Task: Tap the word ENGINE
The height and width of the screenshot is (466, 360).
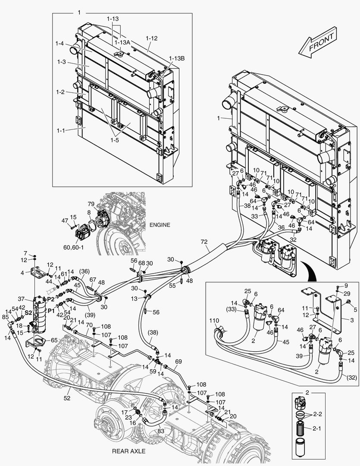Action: point(160,225)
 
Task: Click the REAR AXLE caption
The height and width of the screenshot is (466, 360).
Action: point(128,451)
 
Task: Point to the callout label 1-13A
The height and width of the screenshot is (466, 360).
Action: point(122,42)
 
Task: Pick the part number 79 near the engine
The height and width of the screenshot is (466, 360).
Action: point(91,204)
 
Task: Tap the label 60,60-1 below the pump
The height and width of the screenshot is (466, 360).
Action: point(80,248)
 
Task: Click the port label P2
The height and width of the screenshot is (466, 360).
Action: point(50,299)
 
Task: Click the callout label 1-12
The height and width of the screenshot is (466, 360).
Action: point(152,38)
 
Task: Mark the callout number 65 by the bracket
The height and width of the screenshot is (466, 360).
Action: point(54,340)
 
